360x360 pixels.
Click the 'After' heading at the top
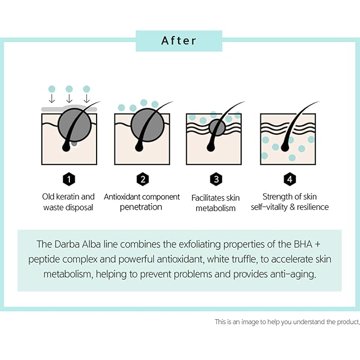click(179, 41)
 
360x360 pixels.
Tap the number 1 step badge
click(68, 179)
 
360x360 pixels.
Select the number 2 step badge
click(142, 179)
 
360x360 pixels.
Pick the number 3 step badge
click(215, 179)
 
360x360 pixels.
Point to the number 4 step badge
click(289, 179)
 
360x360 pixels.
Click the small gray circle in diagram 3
click(216, 127)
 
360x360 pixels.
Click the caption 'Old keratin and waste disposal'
click(68, 202)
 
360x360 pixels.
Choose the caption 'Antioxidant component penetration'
click(142, 202)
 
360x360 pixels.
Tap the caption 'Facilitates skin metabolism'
click(215, 203)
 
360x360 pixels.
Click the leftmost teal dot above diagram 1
click(51, 89)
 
